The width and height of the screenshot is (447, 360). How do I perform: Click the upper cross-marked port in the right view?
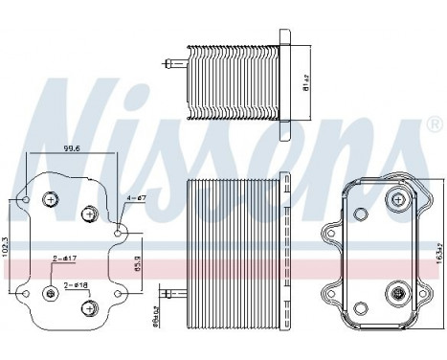coord(395,198)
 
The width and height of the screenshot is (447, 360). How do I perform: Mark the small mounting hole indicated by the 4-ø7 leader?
coord(118,231)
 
